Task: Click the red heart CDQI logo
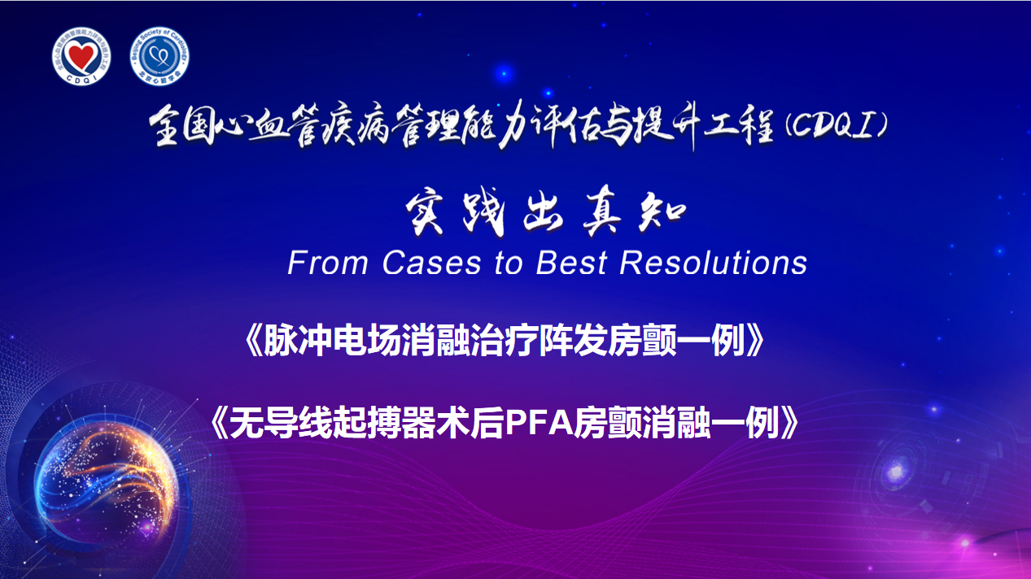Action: (81, 56)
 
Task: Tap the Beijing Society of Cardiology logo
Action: (159, 56)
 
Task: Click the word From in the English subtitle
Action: (328, 263)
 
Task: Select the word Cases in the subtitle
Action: (431, 263)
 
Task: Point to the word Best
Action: (571, 263)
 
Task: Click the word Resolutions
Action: (713, 263)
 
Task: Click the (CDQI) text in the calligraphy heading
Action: (836, 126)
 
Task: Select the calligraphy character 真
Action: (602, 212)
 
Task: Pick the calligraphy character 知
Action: (662, 212)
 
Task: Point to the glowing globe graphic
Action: (107, 480)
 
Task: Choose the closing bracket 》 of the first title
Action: (755, 341)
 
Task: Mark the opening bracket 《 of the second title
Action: (220, 422)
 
